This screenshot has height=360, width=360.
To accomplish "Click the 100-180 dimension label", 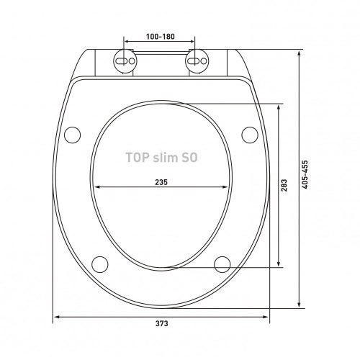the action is point(161,37).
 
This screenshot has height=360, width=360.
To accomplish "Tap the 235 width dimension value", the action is point(161,182).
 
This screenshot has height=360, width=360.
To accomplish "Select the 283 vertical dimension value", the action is point(284,185).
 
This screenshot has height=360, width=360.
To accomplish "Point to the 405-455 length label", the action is point(305,174).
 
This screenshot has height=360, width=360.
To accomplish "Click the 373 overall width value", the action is point(161,323).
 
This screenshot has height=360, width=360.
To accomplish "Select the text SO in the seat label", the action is point(189,158).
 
